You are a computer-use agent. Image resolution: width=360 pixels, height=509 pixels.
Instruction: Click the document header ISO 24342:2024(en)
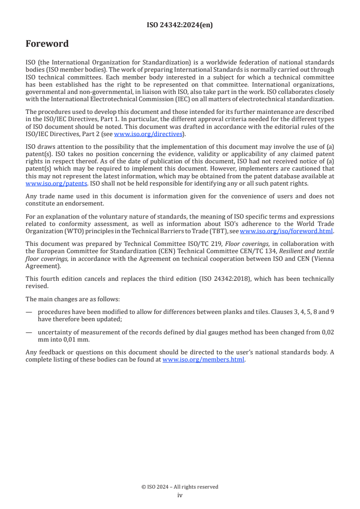click(180, 25)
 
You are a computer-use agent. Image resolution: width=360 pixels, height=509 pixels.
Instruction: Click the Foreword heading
click(47, 44)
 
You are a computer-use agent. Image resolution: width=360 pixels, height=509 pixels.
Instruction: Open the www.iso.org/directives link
click(148, 134)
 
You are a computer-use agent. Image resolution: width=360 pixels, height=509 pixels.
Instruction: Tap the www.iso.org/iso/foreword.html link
click(286, 231)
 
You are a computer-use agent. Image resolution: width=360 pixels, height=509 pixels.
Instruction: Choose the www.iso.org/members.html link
click(203, 360)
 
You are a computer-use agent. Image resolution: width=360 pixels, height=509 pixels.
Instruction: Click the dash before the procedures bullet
click(29, 312)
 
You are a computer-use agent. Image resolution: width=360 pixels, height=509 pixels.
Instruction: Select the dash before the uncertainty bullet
click(29, 332)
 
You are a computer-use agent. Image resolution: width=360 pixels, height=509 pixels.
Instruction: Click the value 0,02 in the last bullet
click(327, 332)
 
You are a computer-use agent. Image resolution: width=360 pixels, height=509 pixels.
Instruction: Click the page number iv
click(180, 495)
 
